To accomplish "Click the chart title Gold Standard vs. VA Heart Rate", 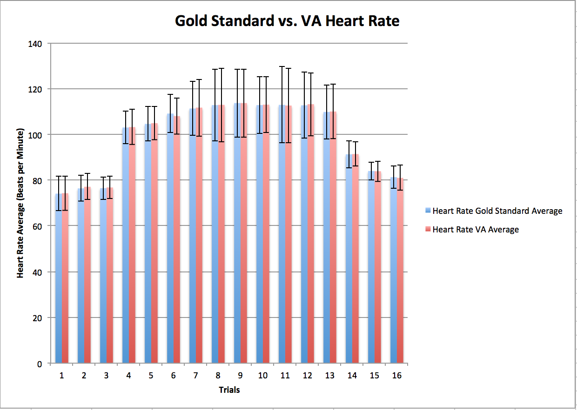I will (287, 21).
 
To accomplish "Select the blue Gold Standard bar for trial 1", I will (58, 279).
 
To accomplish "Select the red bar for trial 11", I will (288, 232).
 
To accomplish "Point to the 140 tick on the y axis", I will (36, 44).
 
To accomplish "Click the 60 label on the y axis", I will (38, 226).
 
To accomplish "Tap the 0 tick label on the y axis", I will (40, 364).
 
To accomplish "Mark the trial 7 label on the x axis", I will (195, 376).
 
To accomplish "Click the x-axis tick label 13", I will (329, 376).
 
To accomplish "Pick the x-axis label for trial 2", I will (84, 376).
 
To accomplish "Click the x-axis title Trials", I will (229, 390).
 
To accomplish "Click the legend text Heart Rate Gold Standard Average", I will (497, 211).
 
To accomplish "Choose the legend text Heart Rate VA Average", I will (476, 229).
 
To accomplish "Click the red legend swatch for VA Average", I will (428, 229).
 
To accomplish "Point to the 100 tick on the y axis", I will (36, 135).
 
